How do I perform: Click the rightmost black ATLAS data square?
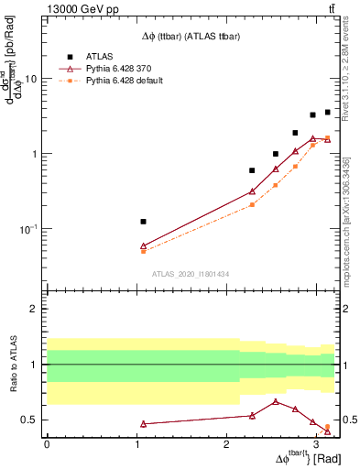pos(327,113)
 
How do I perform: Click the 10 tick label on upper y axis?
pos(30,79)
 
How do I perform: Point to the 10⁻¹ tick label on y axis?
pos(27,229)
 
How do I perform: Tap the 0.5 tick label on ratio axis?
pos(27,420)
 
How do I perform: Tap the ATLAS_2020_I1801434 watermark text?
pos(191,275)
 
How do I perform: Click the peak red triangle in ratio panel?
pos(276,401)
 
